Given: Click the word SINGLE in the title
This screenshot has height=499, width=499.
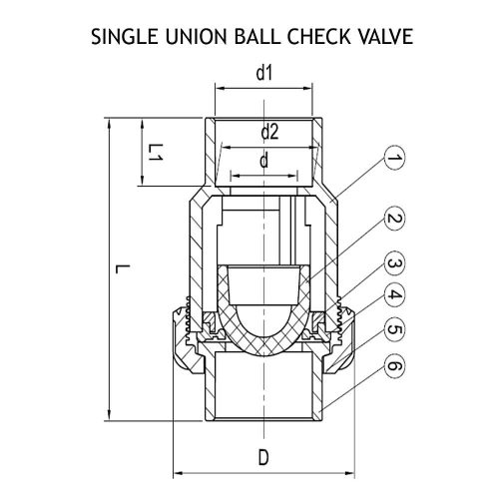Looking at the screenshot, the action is (x=125, y=36).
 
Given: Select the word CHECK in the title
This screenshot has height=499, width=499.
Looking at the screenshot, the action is (x=318, y=36).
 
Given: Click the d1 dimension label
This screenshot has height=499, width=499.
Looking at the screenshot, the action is (x=264, y=73).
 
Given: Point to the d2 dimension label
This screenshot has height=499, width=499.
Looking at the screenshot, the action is (x=269, y=132).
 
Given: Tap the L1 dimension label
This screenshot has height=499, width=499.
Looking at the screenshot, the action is (x=156, y=153).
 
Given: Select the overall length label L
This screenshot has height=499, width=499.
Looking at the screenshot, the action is (x=121, y=268).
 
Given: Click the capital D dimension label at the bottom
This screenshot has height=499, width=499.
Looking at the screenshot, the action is (x=263, y=457).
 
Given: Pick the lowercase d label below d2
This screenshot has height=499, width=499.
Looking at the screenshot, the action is (x=263, y=161).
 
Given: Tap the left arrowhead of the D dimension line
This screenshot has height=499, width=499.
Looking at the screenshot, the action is (x=179, y=473).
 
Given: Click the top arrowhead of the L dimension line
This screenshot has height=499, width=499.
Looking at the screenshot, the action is (x=109, y=124).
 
